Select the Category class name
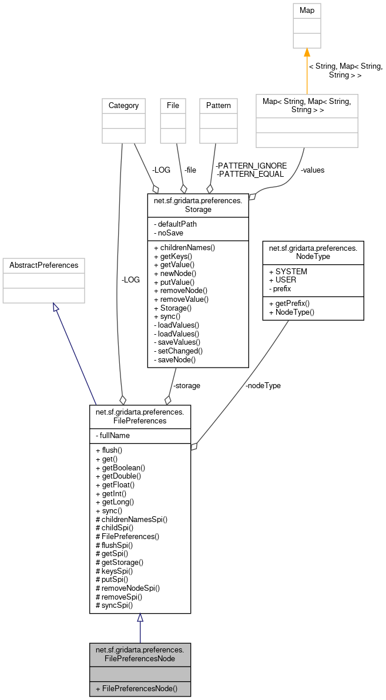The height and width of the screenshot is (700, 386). tap(123, 106)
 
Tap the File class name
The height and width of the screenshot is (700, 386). tap(173, 106)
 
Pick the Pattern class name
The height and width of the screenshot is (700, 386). tap(219, 106)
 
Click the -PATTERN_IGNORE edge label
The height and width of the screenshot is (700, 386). tap(251, 166)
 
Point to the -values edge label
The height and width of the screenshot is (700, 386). tap(312, 170)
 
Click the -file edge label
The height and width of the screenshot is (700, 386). tap(190, 170)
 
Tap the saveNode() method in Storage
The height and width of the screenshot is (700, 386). tap(174, 359)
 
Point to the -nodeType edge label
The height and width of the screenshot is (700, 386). tap(263, 386)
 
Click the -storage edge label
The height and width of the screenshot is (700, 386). tap(186, 386)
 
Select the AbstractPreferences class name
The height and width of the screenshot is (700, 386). tap(44, 265)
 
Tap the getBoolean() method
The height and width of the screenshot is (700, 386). tap(120, 467)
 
